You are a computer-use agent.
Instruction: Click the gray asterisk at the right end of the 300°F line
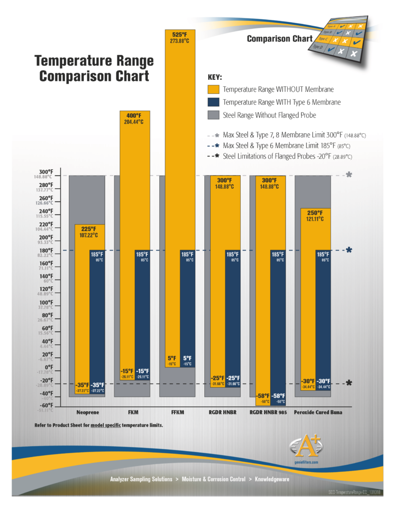pyautogui.click(x=349, y=175)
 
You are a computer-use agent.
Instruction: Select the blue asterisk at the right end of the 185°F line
pyautogui.click(x=349, y=250)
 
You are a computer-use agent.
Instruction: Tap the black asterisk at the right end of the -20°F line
pyautogui.click(x=349, y=383)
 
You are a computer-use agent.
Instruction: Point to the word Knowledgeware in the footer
pyautogui.click(x=272, y=479)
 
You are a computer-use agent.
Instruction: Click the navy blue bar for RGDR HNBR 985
pyautogui.click(x=278, y=324)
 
